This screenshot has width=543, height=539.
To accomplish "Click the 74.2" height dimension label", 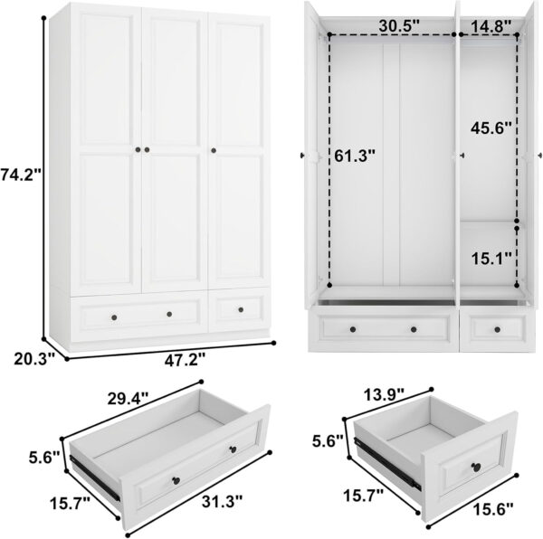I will [x=21, y=174].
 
